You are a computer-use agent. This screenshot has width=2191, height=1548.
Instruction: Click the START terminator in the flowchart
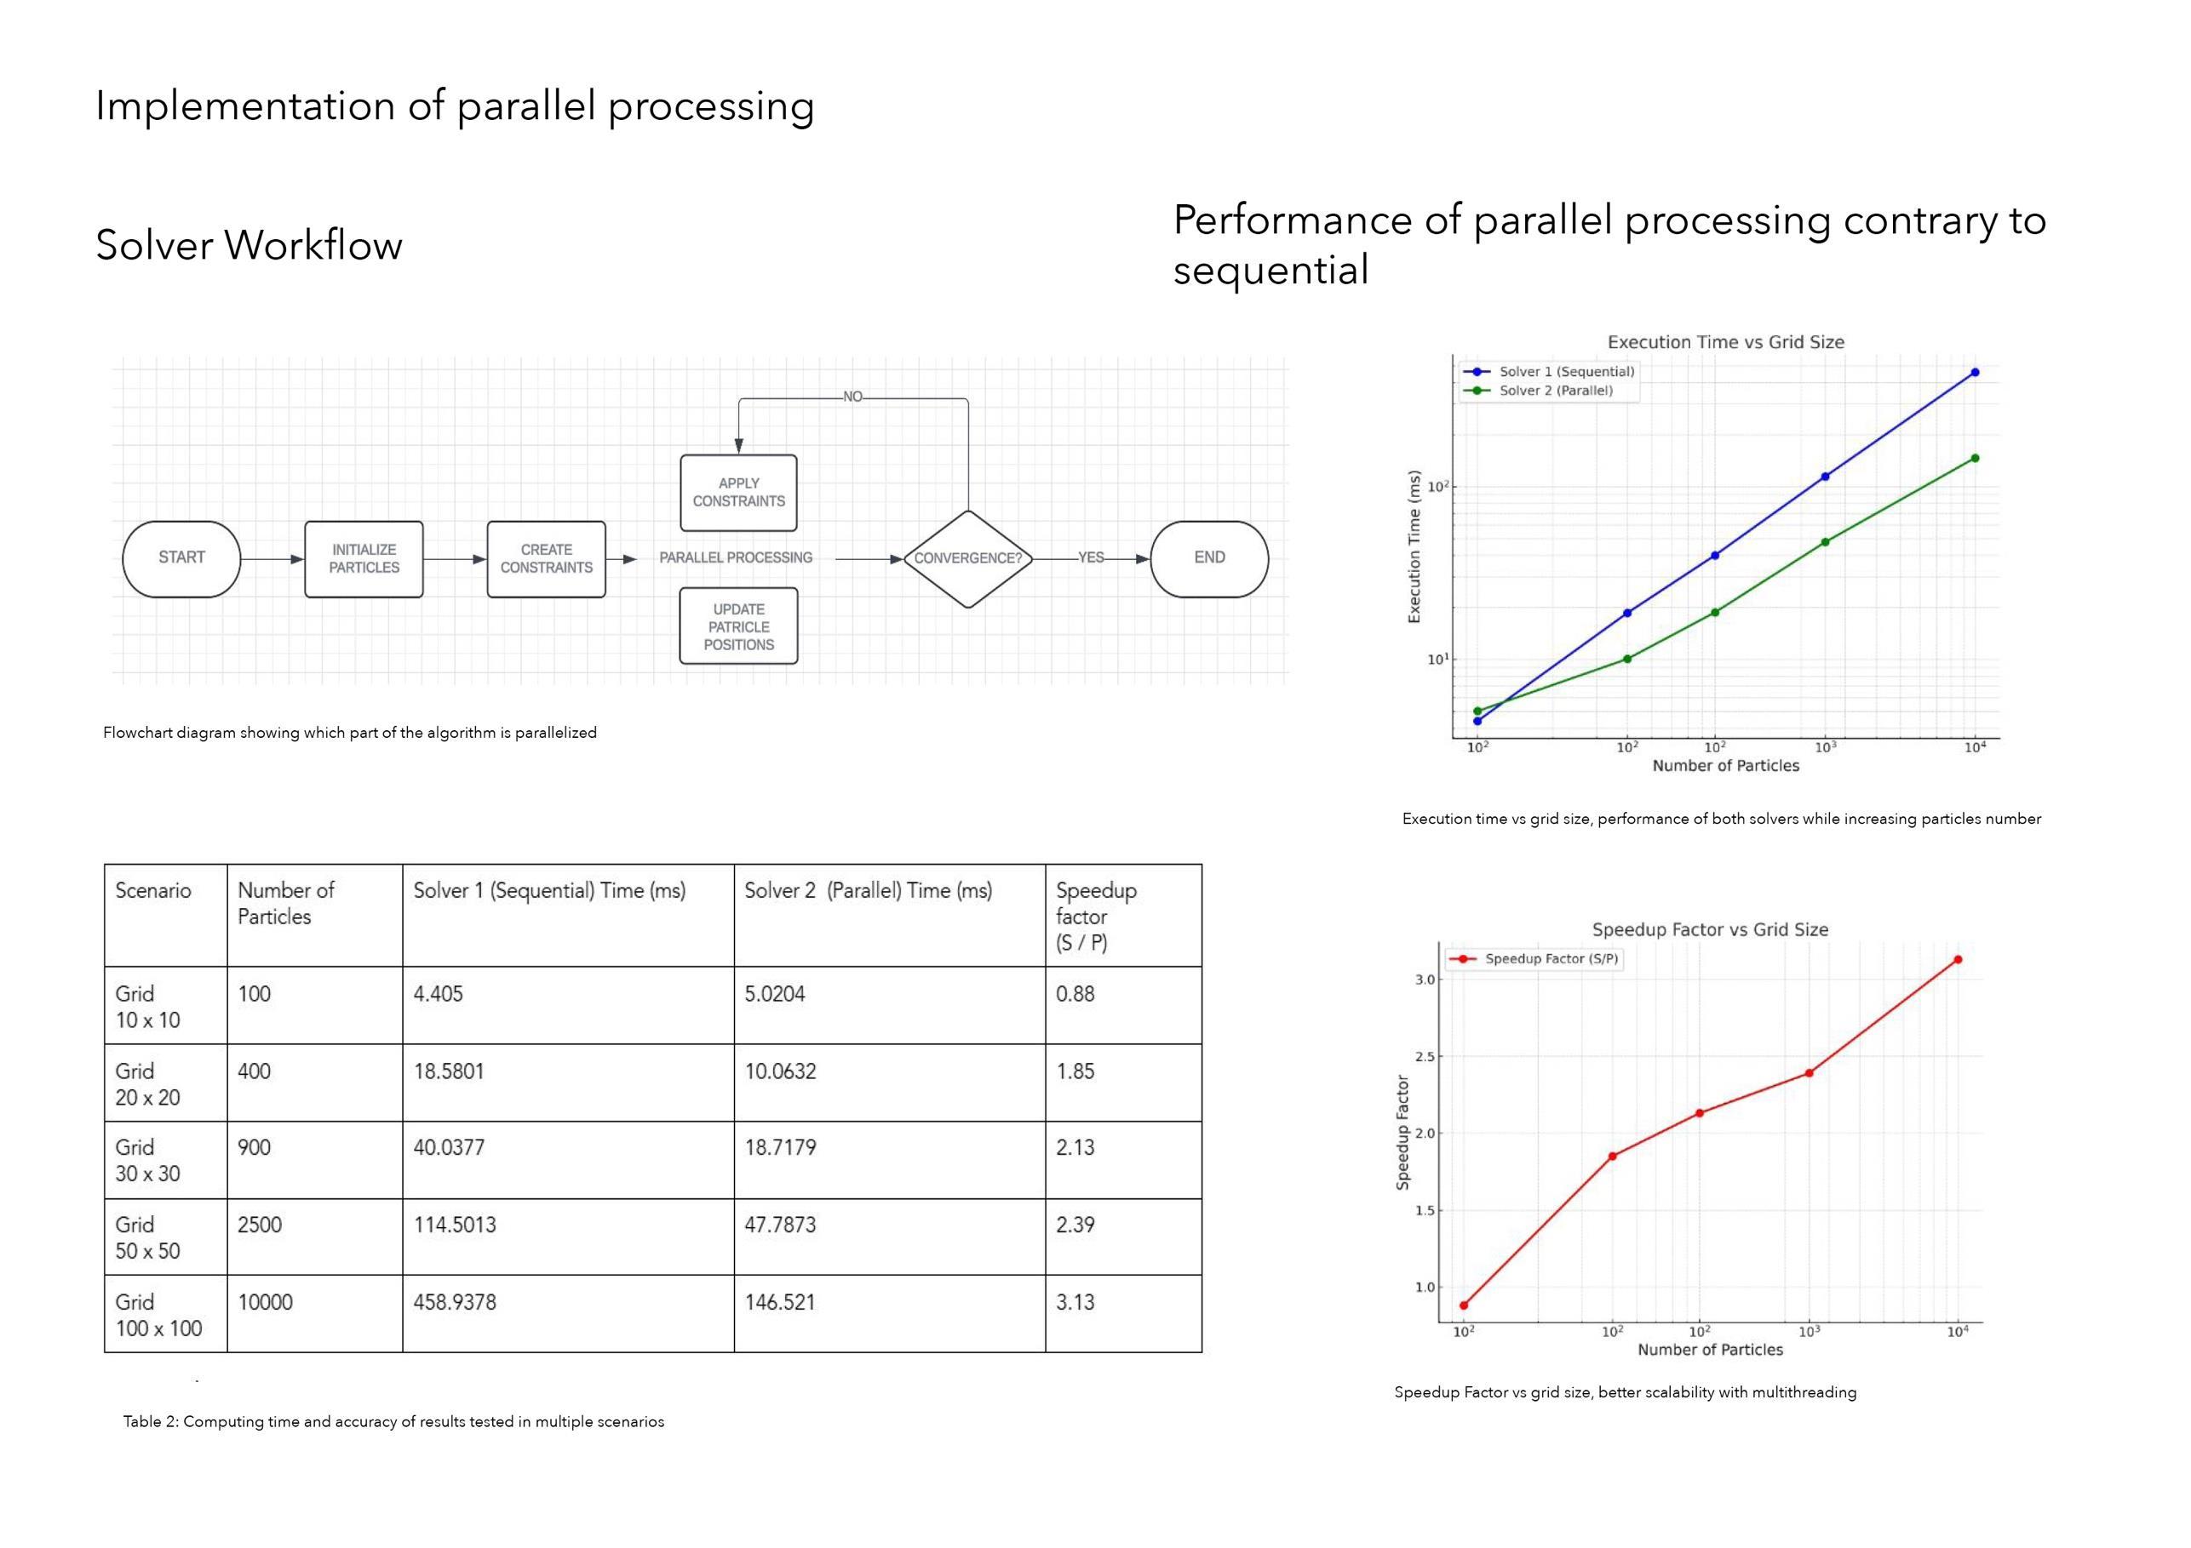181,558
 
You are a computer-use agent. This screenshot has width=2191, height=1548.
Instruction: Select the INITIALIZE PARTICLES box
364,559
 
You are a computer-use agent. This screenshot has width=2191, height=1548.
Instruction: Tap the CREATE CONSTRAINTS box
546,559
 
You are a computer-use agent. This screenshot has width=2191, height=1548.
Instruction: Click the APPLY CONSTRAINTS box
738,492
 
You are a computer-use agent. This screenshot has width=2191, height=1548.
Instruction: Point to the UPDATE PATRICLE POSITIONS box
738,626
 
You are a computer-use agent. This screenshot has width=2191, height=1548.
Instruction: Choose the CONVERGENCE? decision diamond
967,559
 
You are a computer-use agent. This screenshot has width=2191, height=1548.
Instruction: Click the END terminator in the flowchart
1209,558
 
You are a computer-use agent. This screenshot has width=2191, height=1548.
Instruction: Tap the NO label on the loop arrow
852,397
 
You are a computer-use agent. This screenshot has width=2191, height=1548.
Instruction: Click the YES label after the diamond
1091,558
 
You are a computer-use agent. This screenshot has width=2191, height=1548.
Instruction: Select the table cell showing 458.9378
456,1303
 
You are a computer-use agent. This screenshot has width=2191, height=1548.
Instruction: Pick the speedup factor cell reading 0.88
1075,994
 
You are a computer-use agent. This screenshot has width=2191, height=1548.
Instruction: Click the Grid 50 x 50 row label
148,1237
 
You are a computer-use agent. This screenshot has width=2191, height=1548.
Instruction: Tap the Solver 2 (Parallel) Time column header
869,891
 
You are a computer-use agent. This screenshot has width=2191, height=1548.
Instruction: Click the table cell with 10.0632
781,1071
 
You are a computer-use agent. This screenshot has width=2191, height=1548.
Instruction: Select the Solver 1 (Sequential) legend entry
1566,372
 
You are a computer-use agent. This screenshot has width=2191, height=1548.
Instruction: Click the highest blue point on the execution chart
1975,372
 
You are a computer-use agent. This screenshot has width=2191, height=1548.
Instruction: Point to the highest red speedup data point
1957,959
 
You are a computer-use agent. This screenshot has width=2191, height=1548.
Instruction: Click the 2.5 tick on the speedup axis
1425,1057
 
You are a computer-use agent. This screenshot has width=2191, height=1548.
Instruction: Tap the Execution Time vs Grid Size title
1725,342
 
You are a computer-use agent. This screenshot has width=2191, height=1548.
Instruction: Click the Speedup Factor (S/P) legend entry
1551,958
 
